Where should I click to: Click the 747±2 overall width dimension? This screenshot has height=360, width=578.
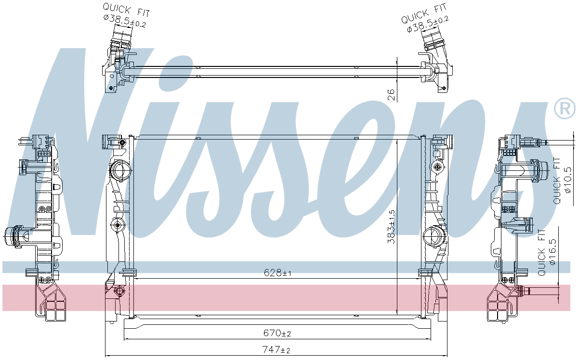(277, 350)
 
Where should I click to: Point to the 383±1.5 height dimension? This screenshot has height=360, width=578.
(392, 226)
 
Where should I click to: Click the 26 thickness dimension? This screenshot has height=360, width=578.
(391, 94)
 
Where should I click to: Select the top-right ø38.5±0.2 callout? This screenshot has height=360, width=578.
(426, 22)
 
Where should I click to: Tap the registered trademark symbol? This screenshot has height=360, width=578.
(565, 109)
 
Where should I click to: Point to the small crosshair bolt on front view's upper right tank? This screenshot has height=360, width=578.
(437, 167)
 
